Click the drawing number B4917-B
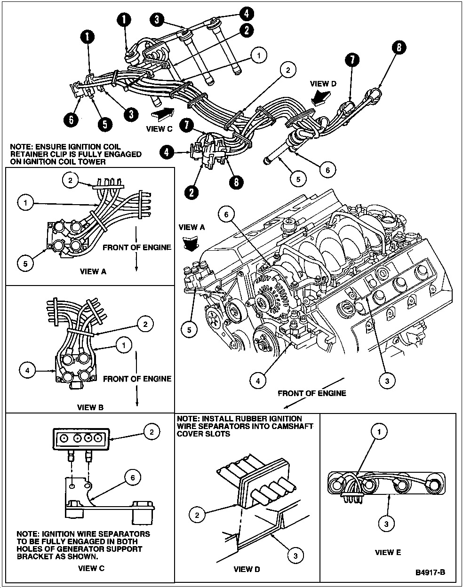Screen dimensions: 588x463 coord(430,572)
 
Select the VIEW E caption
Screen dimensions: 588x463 coord(388,552)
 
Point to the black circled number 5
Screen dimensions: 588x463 coord(104,124)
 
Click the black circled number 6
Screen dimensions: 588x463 coord(71,120)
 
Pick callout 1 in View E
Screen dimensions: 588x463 coord(380,430)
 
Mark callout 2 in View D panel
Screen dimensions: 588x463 coord(197,515)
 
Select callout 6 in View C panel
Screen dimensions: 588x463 coord(132,477)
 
